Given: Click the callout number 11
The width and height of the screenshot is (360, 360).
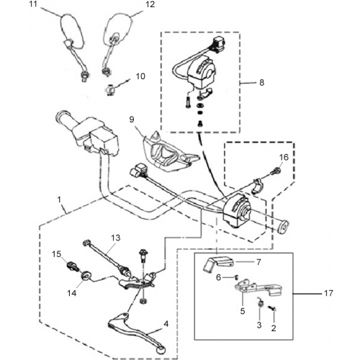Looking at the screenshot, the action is [34, 4].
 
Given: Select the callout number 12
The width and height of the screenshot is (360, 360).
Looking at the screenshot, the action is [150, 4].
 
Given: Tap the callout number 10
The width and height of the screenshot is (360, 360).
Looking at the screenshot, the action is [140, 76].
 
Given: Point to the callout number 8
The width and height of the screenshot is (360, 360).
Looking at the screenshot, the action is [261, 83].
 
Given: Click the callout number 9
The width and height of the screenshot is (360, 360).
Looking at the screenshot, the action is [132, 120].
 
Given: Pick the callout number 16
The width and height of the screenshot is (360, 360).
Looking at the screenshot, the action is [284, 157].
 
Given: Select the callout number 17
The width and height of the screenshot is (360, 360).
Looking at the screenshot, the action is [328, 293].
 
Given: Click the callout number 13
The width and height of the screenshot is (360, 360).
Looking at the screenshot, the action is [115, 238].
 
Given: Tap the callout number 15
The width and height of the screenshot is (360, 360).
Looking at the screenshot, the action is [57, 254].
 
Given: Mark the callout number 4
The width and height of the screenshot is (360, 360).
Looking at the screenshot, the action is [166, 324].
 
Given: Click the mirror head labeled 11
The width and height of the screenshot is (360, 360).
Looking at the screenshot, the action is [72, 31].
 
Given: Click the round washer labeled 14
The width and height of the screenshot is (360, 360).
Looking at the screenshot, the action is [85, 276].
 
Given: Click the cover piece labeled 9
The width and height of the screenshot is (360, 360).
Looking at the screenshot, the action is [169, 152].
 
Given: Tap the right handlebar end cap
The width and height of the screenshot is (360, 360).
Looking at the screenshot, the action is [284, 227].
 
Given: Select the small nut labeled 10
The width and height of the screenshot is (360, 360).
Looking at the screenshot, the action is [109, 91].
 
